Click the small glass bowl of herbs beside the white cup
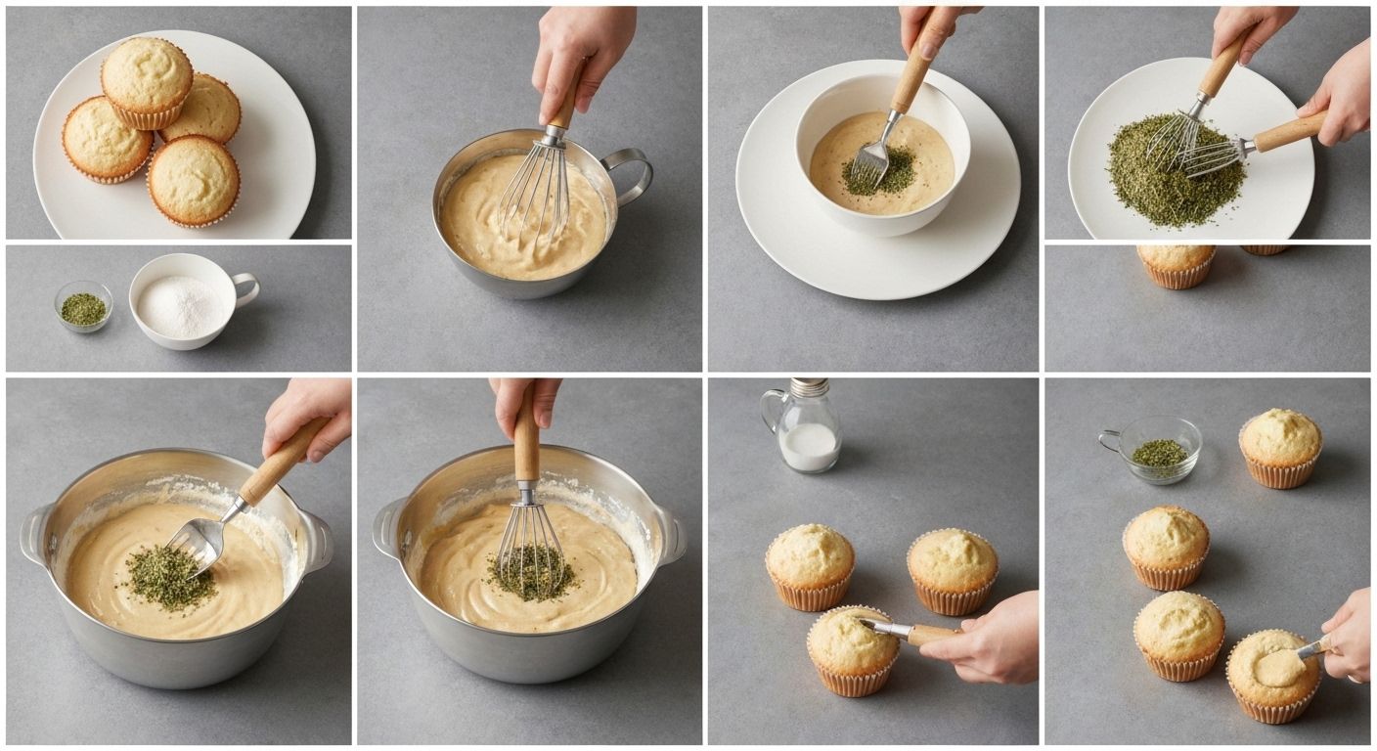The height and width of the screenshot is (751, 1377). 83,307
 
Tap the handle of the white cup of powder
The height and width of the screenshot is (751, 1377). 245,288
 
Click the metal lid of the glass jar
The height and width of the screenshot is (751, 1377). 809,388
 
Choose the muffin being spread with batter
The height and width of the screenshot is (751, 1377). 1273,673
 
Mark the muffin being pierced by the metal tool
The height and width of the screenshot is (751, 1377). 851,648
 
